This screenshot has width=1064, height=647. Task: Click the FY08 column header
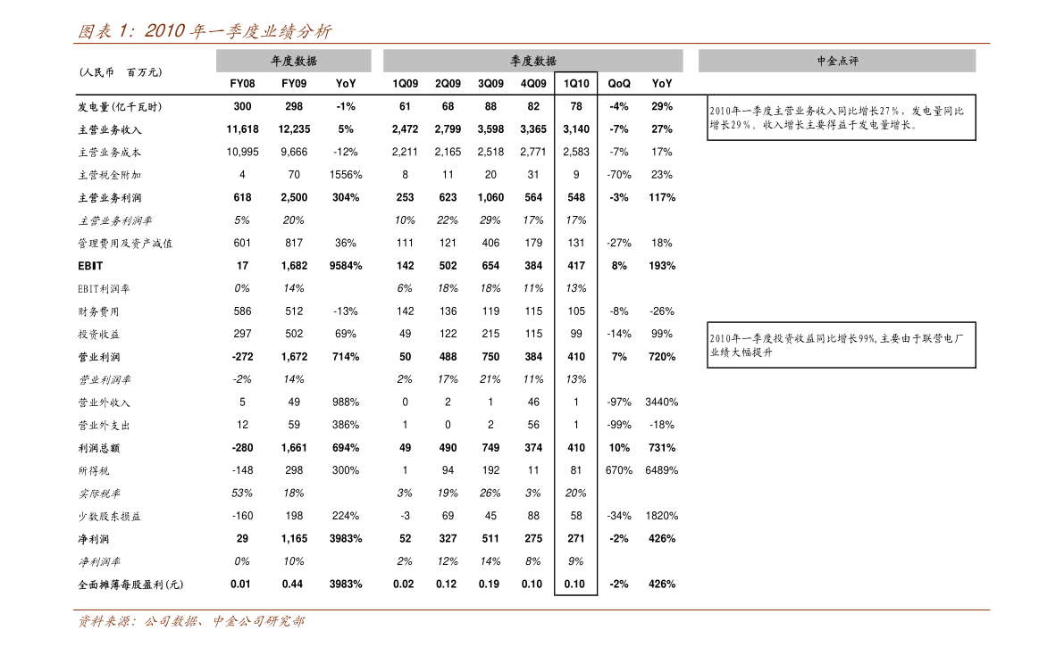[x=242, y=83]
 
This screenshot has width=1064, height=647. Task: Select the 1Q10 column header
[x=576, y=83]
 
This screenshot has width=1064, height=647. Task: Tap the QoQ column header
[x=619, y=83]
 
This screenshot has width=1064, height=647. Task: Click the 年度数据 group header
[x=294, y=61]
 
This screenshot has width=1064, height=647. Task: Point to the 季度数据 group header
[x=533, y=61]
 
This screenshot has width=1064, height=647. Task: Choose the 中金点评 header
[x=837, y=61]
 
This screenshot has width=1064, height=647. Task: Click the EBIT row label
[x=90, y=266]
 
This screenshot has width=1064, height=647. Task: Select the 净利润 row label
[x=94, y=539]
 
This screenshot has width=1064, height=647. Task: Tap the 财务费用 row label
[x=98, y=311]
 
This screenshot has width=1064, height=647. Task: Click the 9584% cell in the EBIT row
[x=346, y=266]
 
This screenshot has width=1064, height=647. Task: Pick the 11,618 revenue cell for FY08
[x=242, y=129]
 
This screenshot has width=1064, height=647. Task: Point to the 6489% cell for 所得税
[x=662, y=470]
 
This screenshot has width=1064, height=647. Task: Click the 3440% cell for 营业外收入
[x=662, y=402]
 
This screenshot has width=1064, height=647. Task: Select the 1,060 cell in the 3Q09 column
[x=490, y=197]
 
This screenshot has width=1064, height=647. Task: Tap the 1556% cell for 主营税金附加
[x=346, y=174]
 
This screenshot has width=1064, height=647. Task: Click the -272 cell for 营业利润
[x=242, y=357]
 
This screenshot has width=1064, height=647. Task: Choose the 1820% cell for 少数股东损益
[x=662, y=516]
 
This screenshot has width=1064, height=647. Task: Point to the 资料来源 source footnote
[x=190, y=621]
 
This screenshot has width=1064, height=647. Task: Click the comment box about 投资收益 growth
[x=842, y=345]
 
